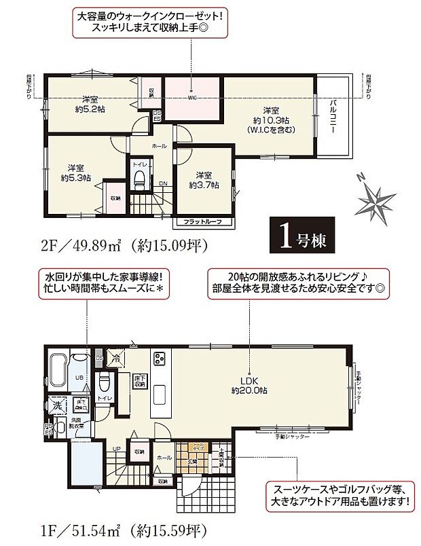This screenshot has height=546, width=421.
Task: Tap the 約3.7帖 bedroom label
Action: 203,179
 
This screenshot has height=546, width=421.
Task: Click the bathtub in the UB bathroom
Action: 57,370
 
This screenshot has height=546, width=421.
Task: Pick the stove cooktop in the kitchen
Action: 160,358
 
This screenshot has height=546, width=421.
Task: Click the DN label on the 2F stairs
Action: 163,183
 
